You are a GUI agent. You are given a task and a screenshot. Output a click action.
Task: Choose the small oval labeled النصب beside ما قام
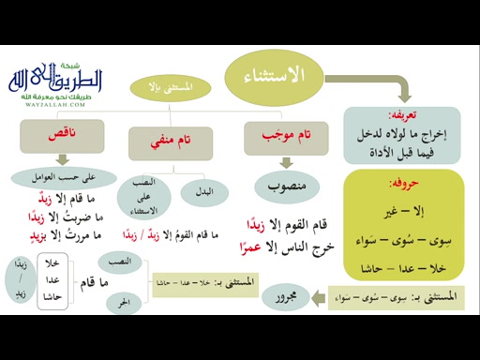[x=120, y=260]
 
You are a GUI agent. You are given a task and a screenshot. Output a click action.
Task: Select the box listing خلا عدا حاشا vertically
[x=53, y=280]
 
